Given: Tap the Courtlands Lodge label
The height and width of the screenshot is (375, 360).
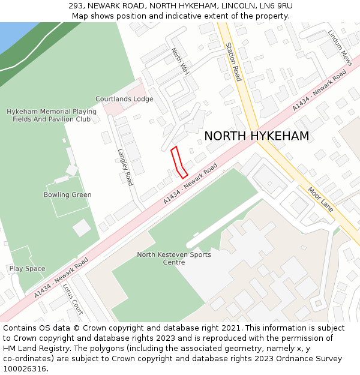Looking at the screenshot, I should (124, 99).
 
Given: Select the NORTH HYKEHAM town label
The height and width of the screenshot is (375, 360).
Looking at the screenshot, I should (256, 136).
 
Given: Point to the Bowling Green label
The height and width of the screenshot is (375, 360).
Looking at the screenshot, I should (67, 195).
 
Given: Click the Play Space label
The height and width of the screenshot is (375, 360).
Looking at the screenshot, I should (27, 269).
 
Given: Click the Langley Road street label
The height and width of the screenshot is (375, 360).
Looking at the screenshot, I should (125, 167).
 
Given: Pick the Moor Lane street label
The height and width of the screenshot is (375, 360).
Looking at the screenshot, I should (320, 199).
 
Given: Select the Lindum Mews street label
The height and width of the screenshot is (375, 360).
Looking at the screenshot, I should (340, 48).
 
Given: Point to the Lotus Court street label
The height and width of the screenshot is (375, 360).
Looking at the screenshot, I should (73, 299).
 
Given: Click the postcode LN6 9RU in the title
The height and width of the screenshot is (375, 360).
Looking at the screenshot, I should (278, 6).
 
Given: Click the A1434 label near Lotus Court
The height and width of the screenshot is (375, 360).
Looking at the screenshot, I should (61, 277).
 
